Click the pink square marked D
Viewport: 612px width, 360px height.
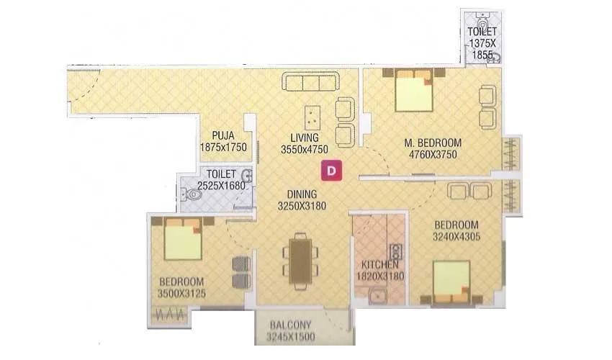[x=332, y=171]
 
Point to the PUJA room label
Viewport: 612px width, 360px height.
[x=223, y=135]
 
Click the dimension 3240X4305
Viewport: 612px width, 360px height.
[x=456, y=236]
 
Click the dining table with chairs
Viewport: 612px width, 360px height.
[x=302, y=257]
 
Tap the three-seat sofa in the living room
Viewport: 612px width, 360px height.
[x=312, y=82]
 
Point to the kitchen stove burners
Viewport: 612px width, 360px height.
[x=395, y=252]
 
